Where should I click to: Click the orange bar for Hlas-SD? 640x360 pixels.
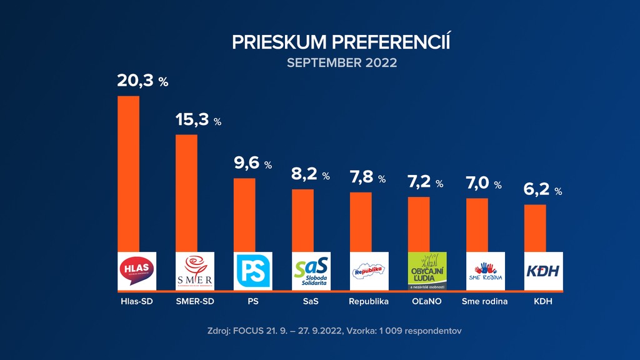point(129,173)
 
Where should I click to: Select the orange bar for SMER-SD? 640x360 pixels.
point(186,192)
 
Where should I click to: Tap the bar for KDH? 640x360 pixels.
point(535,227)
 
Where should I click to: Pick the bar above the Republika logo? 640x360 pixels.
point(361,221)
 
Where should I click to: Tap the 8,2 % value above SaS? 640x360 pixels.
point(310,175)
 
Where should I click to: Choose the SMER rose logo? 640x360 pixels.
point(195,271)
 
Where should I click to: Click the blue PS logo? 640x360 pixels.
point(253,271)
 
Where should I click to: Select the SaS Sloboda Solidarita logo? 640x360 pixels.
point(311,271)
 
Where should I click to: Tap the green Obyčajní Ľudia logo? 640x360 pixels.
point(427,271)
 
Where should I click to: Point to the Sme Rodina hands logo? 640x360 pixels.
point(486,271)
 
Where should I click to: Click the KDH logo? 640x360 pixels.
point(544,271)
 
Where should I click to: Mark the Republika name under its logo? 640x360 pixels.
point(369,302)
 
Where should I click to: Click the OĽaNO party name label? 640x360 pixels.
point(427,302)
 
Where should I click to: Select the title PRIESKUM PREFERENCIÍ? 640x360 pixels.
point(341,42)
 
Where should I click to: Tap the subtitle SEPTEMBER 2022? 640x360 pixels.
point(342,62)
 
